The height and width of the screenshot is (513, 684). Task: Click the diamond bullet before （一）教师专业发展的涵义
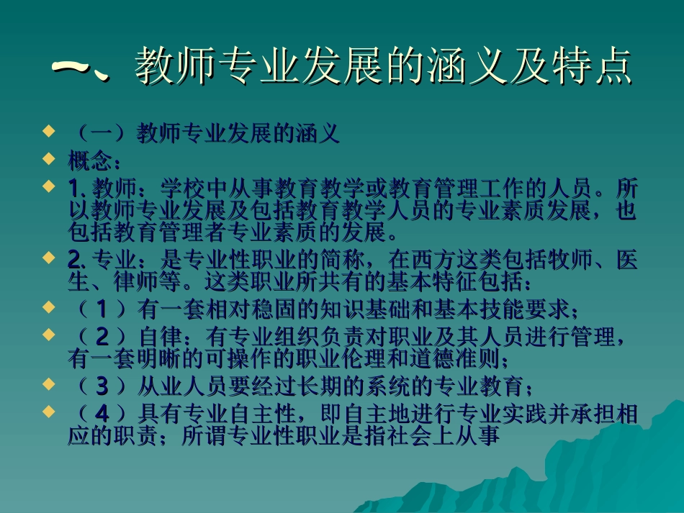(48, 132)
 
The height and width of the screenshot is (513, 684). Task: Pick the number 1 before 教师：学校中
(73, 189)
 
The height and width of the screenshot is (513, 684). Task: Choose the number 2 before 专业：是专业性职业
(73, 260)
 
